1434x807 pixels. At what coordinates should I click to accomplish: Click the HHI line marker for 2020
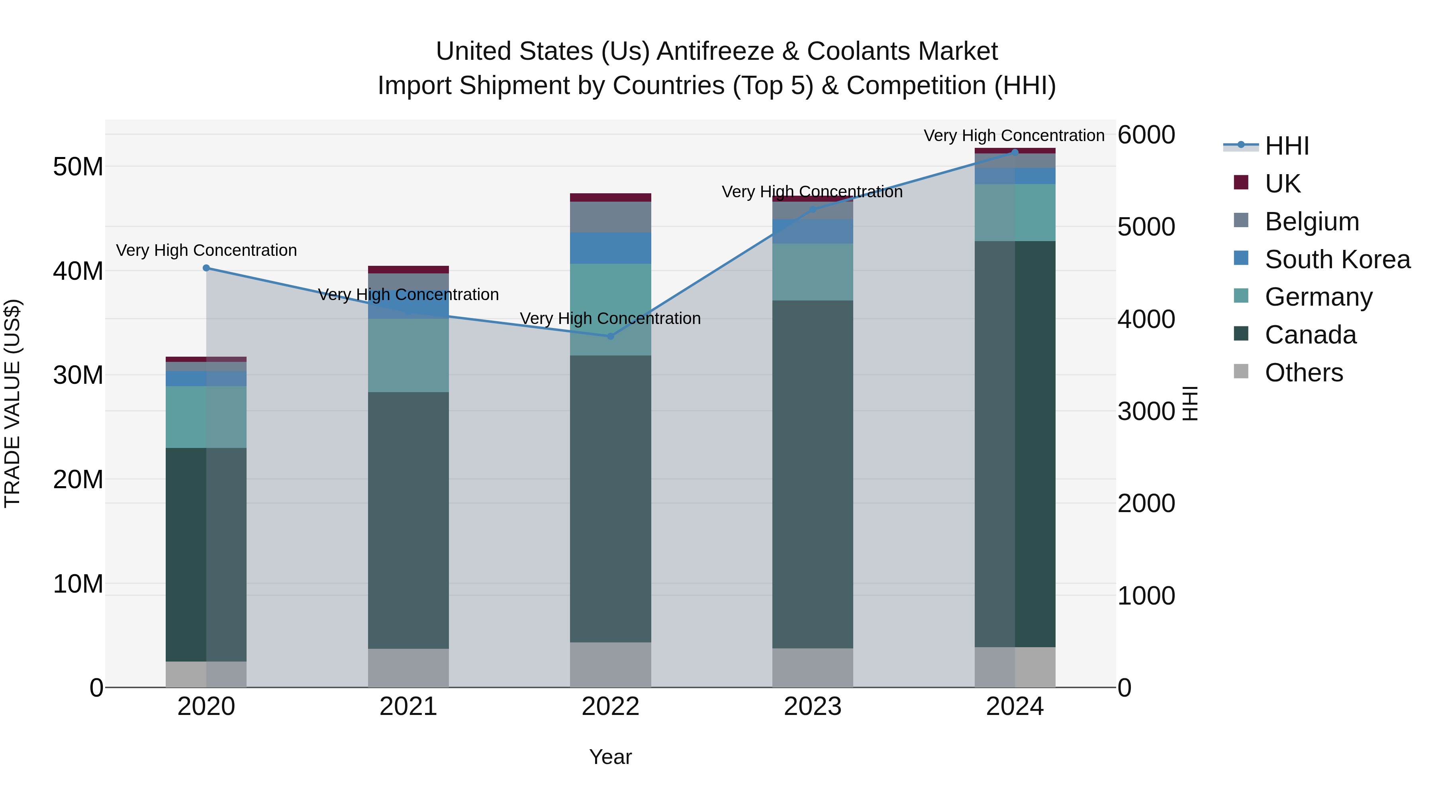pos(206,268)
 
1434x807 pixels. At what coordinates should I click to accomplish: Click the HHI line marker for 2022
pos(610,336)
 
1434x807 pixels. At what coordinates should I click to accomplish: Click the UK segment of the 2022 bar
pos(610,198)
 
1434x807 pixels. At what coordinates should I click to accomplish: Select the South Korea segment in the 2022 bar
pos(610,248)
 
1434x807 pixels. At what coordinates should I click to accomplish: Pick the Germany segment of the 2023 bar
pos(812,272)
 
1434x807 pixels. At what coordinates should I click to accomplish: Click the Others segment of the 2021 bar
pos(408,668)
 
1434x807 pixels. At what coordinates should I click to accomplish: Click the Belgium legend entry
pos(1312,222)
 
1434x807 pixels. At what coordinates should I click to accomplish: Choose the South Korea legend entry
pos(1337,259)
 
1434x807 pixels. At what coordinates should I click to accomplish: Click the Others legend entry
pos(1303,373)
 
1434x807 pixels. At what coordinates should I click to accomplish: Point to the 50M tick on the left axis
pos(78,167)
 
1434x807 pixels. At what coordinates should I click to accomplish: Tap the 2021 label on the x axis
pos(408,707)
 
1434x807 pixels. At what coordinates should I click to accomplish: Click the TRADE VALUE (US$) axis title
pos(12,403)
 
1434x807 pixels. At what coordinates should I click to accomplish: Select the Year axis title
pos(610,757)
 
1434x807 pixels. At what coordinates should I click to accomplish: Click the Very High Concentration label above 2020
pos(206,251)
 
